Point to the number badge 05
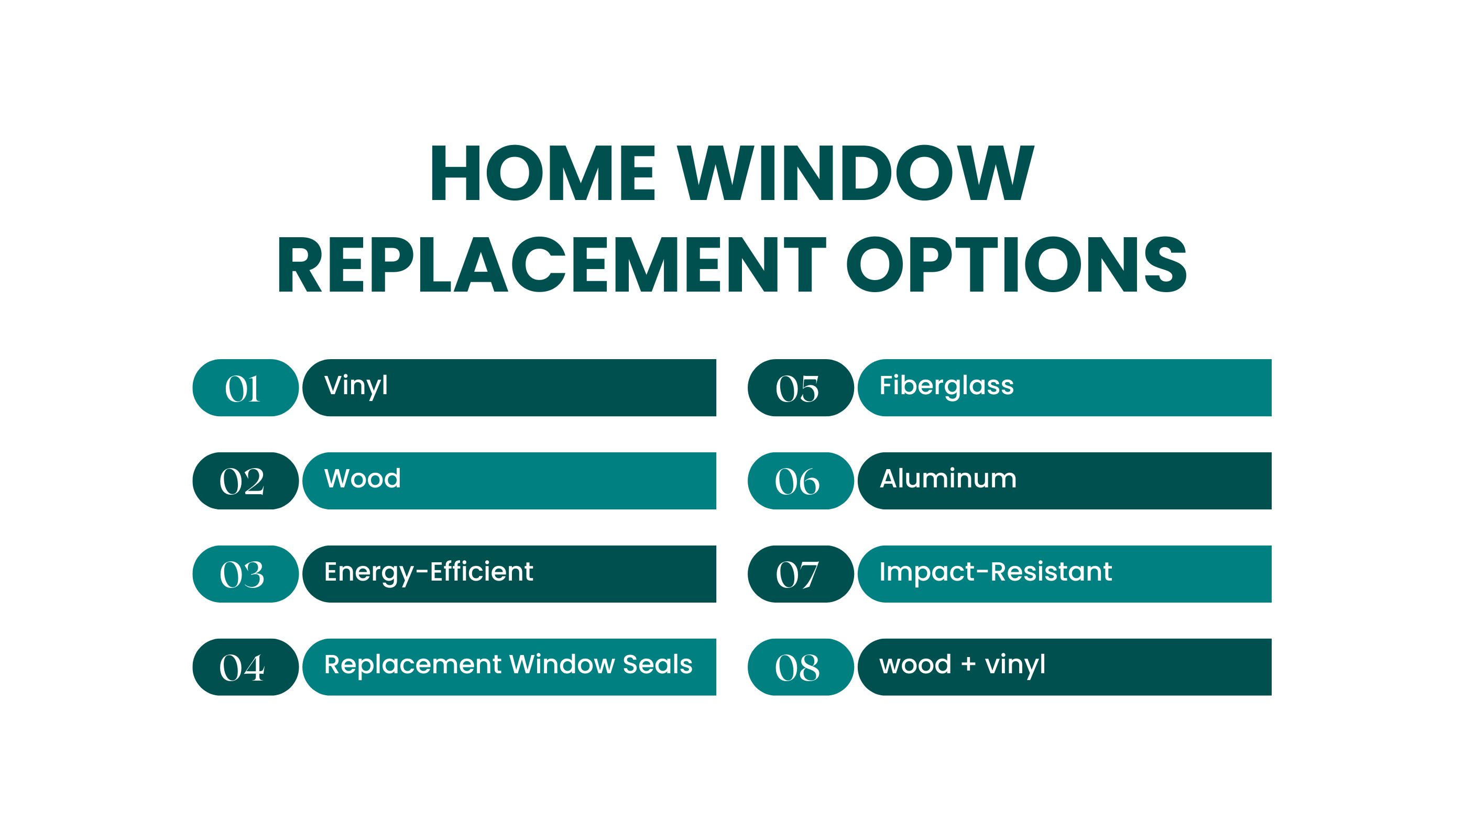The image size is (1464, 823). [801, 388]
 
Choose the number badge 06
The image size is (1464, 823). [801, 481]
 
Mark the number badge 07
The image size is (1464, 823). [801, 574]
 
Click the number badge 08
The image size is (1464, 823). [801, 668]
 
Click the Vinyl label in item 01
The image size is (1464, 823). [356, 387]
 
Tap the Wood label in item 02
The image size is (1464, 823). [363, 478]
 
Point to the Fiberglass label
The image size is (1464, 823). [947, 387]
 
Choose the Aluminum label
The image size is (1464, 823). [948, 478]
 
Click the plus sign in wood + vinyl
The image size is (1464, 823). [968, 665]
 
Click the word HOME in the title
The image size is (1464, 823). [543, 173]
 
